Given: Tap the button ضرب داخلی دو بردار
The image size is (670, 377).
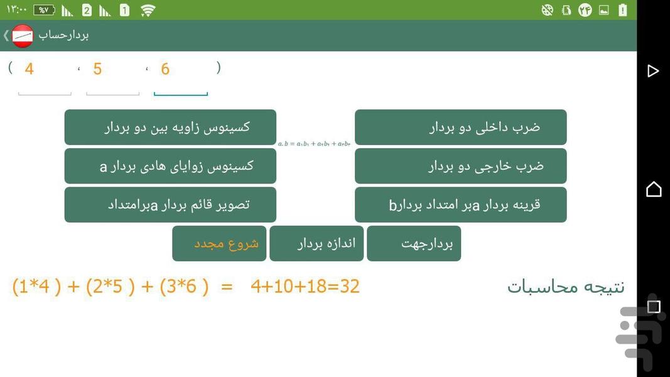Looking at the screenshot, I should [x=460, y=128].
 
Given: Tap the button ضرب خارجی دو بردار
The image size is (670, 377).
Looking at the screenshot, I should [x=460, y=167].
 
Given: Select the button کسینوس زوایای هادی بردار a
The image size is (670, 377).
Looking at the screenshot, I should [x=170, y=167].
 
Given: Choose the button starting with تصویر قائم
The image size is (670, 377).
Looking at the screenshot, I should [x=170, y=205].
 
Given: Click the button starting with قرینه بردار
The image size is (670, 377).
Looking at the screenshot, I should [x=460, y=205].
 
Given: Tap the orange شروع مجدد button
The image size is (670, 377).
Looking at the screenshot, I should [x=219, y=244].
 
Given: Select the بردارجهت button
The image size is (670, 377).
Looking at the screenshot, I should [x=414, y=244].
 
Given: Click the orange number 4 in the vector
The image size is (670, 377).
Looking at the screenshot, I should [x=29, y=69].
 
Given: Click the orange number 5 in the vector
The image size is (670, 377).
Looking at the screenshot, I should [x=97, y=69].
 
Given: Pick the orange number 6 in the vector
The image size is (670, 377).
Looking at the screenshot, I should [x=165, y=69].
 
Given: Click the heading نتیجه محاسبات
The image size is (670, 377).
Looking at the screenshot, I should [x=566, y=287].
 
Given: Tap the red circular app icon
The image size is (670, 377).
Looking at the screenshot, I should [x=23, y=36].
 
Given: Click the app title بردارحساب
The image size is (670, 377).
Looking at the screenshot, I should [x=64, y=35].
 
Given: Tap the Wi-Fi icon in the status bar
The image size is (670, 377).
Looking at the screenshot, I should [x=148, y=10].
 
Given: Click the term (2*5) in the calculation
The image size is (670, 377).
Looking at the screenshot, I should [x=111, y=287].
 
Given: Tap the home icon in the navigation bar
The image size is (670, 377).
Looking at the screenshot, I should [x=654, y=188].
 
